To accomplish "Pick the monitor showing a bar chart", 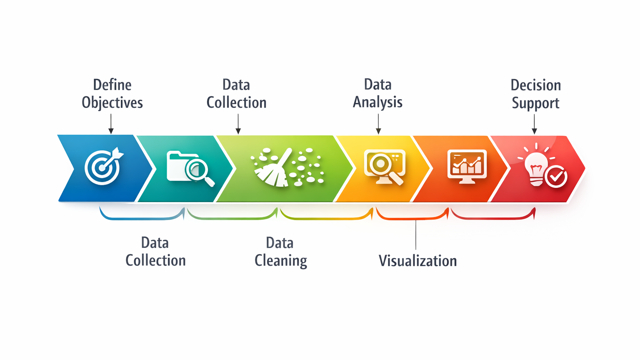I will (467, 166).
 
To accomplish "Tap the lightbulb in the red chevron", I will (536, 169).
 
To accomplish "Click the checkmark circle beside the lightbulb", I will (556, 177).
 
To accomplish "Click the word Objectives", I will (112, 102).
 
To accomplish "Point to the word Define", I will (112, 85).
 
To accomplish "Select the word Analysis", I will (377, 102).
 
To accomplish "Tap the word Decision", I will (535, 85).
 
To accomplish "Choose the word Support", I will (535, 103).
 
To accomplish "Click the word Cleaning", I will (280, 260).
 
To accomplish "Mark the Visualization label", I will (417, 261).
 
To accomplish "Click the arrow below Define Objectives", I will (111, 124).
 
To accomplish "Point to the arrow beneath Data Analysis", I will (378, 124).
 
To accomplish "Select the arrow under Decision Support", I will (534, 124).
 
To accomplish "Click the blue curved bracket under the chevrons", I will (142, 217).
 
